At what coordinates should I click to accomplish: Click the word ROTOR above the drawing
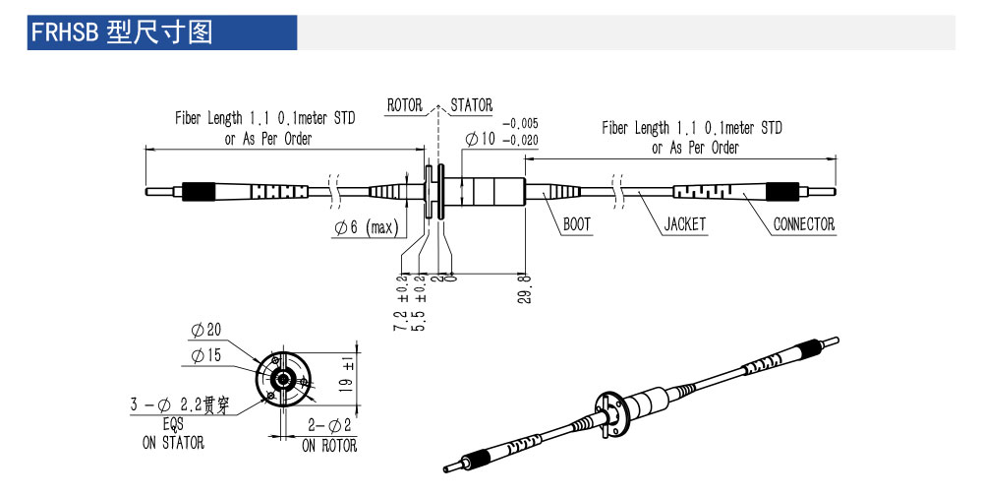click(x=404, y=105)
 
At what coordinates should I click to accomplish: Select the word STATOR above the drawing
click(x=472, y=105)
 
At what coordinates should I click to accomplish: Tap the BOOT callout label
click(x=577, y=224)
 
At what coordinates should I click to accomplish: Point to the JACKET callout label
click(x=685, y=224)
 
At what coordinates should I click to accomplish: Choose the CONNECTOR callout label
click(x=803, y=224)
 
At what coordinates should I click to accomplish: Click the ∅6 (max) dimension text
click(x=365, y=227)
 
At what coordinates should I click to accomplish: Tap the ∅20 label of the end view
click(x=205, y=330)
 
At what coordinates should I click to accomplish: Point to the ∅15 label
click(x=205, y=354)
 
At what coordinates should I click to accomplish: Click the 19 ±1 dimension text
click(x=346, y=374)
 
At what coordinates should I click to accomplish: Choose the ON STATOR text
click(x=173, y=443)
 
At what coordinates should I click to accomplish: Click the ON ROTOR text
click(x=329, y=446)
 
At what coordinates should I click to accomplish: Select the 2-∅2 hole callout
click(x=329, y=425)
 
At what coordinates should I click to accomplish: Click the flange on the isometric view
click(x=610, y=412)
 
